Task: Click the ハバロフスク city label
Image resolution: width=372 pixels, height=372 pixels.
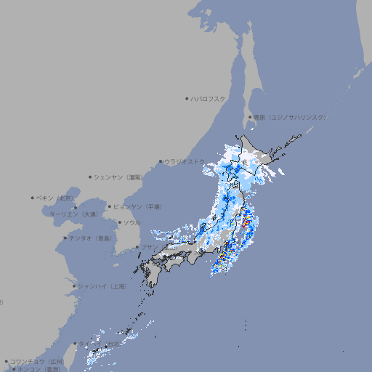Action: [x=209, y=98]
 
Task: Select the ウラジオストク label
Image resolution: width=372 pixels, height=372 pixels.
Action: [x=185, y=161]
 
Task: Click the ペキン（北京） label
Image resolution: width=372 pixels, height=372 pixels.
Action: [x=55, y=198]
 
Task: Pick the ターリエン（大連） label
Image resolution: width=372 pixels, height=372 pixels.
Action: [x=73, y=214]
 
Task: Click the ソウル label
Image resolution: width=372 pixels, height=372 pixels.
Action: [x=132, y=222]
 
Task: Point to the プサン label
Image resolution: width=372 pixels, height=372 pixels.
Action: [x=148, y=247]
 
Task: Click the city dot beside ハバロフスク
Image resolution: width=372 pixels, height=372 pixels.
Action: [x=187, y=98]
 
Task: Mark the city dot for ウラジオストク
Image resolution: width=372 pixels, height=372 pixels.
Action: [x=161, y=161]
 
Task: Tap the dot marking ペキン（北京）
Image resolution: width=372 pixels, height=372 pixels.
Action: [x=33, y=198]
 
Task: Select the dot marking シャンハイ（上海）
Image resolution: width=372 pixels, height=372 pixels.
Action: [x=74, y=286]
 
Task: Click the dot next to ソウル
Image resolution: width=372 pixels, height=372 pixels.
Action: [x=119, y=222]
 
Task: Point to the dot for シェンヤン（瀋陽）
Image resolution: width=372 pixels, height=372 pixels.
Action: [x=91, y=177]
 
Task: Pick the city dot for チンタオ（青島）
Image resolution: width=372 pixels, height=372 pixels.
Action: [x=65, y=238]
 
